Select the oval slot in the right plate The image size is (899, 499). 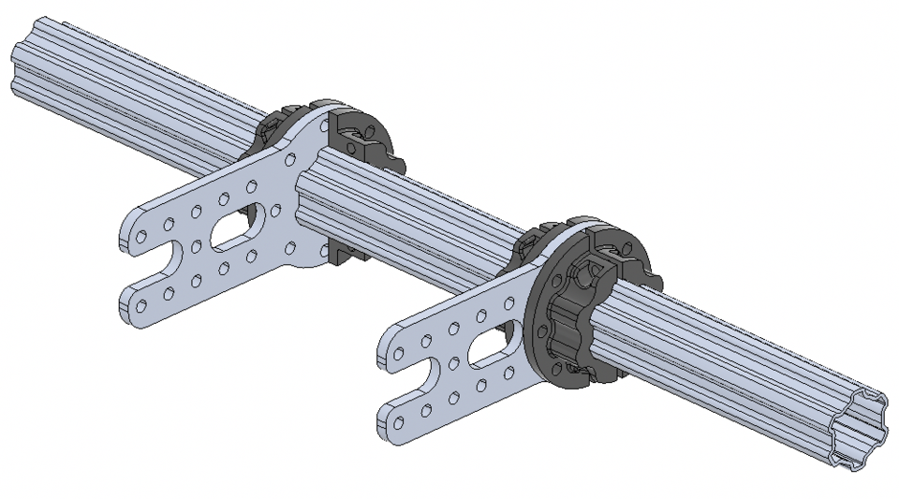coord(489,351)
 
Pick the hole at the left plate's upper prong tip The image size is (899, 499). coord(140,237)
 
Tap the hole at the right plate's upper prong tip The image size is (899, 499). coord(397,355)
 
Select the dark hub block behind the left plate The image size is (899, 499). coord(361,140)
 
